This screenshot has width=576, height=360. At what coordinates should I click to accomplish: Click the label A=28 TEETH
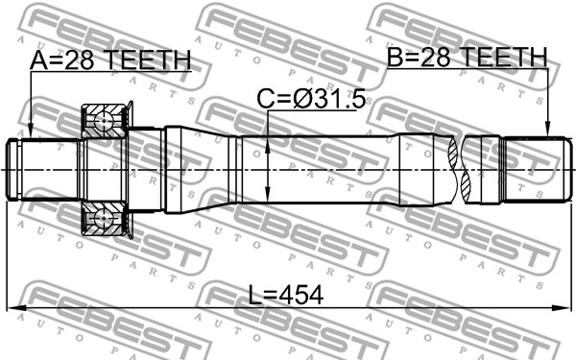110,60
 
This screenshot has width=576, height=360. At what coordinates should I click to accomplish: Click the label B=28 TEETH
468,57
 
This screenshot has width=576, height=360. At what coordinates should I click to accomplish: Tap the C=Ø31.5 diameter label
311,99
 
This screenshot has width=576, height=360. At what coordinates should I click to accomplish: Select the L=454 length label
286,295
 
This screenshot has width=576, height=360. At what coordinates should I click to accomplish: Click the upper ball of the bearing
104,121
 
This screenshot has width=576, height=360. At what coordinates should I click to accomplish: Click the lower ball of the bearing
104,218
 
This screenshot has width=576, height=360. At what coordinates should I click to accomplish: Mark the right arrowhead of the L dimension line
565,308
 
